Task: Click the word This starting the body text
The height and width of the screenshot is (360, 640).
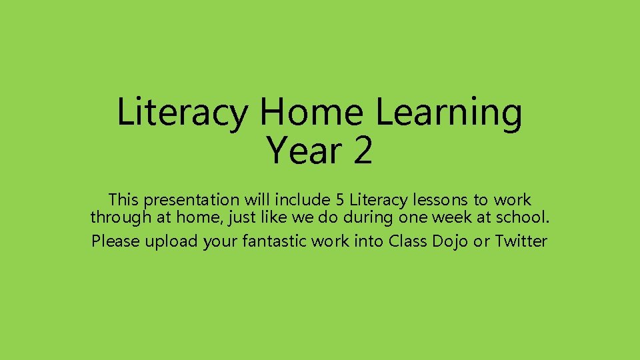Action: click(125, 200)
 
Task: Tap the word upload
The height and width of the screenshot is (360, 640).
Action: click(172, 241)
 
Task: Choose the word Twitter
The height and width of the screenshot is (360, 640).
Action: click(521, 241)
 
